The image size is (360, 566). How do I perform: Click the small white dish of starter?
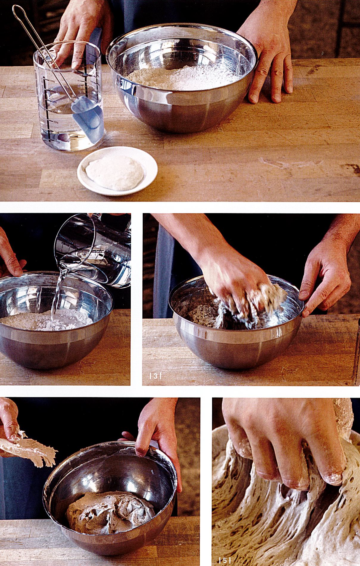point(117,171)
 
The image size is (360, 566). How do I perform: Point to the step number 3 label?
point(155,376)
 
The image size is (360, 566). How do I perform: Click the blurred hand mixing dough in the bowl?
point(237,285)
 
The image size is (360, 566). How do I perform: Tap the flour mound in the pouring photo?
point(47,320)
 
